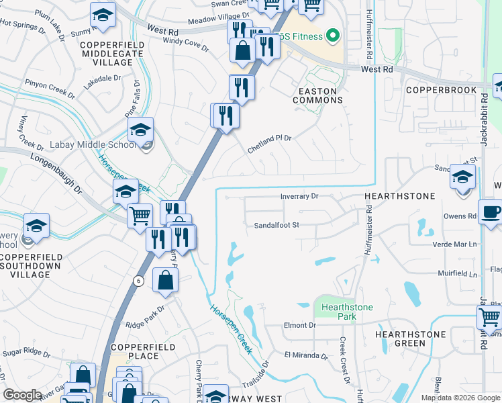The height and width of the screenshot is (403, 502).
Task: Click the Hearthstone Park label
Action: pos(346,312)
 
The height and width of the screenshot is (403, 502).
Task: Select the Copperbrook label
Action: pos(441,89)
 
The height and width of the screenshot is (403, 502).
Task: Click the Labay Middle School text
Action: pos(92,145)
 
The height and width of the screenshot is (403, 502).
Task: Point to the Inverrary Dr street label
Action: pos(299,196)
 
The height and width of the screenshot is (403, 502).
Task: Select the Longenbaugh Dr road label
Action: pos(54,172)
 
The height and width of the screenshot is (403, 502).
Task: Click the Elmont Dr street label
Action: pos(299,325)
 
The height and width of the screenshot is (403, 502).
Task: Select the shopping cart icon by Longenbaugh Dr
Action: pos(140,216)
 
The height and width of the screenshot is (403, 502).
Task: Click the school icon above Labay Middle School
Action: pos(141,128)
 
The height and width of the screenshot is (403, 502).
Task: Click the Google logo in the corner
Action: pos(23,395)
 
